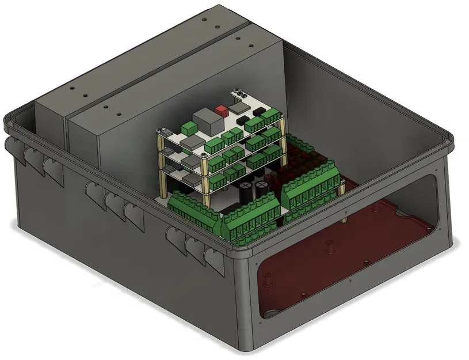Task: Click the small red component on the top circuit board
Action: click(x=220, y=109)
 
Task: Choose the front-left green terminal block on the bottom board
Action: click(x=193, y=207)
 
